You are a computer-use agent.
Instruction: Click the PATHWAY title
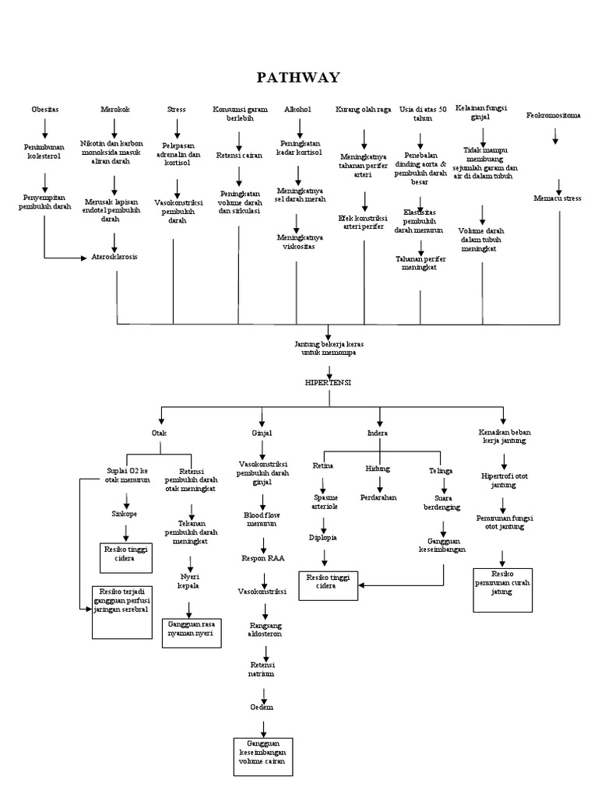(x=299, y=77)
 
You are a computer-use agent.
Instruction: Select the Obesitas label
(x=45, y=110)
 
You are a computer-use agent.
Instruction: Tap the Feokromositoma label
(x=554, y=114)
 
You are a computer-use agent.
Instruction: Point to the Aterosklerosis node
(x=114, y=256)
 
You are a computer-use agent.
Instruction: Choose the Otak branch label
(x=159, y=433)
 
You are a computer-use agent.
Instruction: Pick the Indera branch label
(x=378, y=433)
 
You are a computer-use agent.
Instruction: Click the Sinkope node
(x=125, y=514)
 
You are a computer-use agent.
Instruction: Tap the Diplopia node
(x=325, y=537)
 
